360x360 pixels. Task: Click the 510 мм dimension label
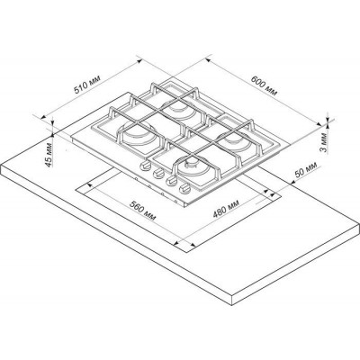click(x=87, y=84)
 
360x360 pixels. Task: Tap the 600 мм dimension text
click(x=265, y=85)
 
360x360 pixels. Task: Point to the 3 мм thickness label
click(x=325, y=143)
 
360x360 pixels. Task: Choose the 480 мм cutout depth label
click(x=226, y=208)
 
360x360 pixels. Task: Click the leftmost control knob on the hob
click(x=146, y=166)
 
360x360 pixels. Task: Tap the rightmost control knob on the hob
click(x=184, y=189)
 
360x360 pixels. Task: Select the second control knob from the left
click(x=158, y=173)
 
